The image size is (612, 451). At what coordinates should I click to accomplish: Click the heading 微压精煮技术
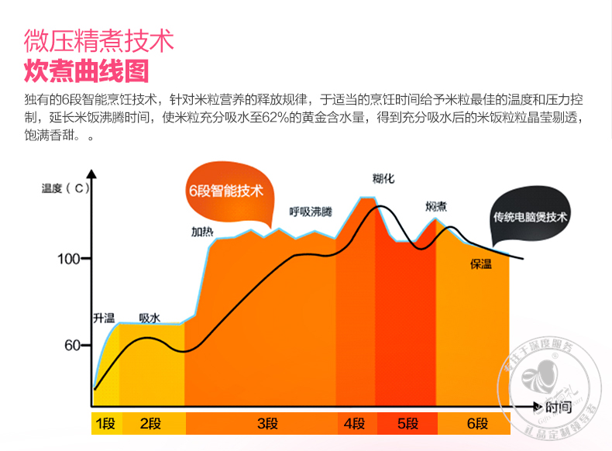pos(98,40)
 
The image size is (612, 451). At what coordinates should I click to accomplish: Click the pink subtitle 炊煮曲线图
pos(86,71)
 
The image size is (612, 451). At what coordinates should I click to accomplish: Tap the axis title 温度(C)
pos(67,188)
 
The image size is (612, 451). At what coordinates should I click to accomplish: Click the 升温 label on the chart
pos(103,318)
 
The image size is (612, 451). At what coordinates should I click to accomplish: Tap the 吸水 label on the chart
pos(150,318)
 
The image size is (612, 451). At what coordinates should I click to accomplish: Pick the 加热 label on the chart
pos(202,231)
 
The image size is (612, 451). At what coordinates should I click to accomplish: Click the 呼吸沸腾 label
pos(310,212)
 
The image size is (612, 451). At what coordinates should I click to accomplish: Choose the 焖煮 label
pos(435,206)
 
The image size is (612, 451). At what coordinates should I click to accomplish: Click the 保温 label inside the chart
pos(481,264)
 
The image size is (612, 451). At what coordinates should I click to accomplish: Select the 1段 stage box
pos(105,423)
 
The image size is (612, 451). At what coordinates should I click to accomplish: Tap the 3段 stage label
pos(267,423)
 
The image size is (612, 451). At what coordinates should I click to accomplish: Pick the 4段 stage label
pos(354,423)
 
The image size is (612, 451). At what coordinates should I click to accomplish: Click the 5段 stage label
pos(407,423)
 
